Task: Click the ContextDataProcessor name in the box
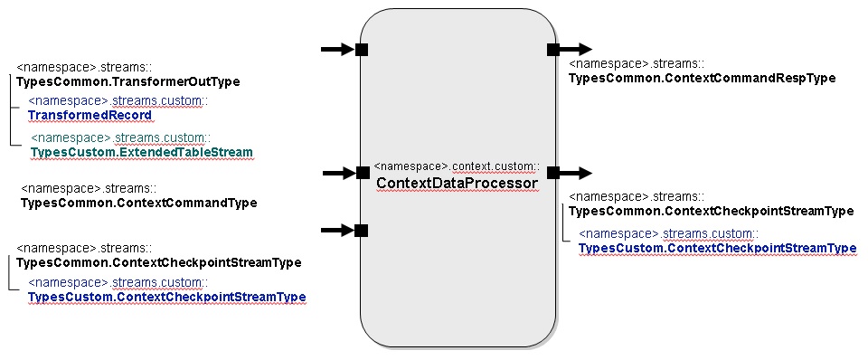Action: (457, 184)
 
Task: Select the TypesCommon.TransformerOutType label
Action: (127, 81)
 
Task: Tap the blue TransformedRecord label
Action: (90, 116)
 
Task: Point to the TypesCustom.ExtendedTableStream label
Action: (141, 152)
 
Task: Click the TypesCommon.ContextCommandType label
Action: (138, 203)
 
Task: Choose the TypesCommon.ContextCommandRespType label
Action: (702, 79)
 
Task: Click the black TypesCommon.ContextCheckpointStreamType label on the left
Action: (158, 262)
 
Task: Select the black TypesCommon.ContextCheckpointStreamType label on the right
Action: (711, 211)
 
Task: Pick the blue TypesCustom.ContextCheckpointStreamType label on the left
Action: (166, 297)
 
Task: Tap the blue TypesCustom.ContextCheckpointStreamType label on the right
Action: (717, 248)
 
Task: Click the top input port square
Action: (361, 50)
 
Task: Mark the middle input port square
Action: (362, 172)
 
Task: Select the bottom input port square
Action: (361, 231)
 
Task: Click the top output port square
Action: (552, 50)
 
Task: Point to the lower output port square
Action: (552, 172)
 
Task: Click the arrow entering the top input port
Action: (337, 50)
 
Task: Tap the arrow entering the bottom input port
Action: (337, 231)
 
